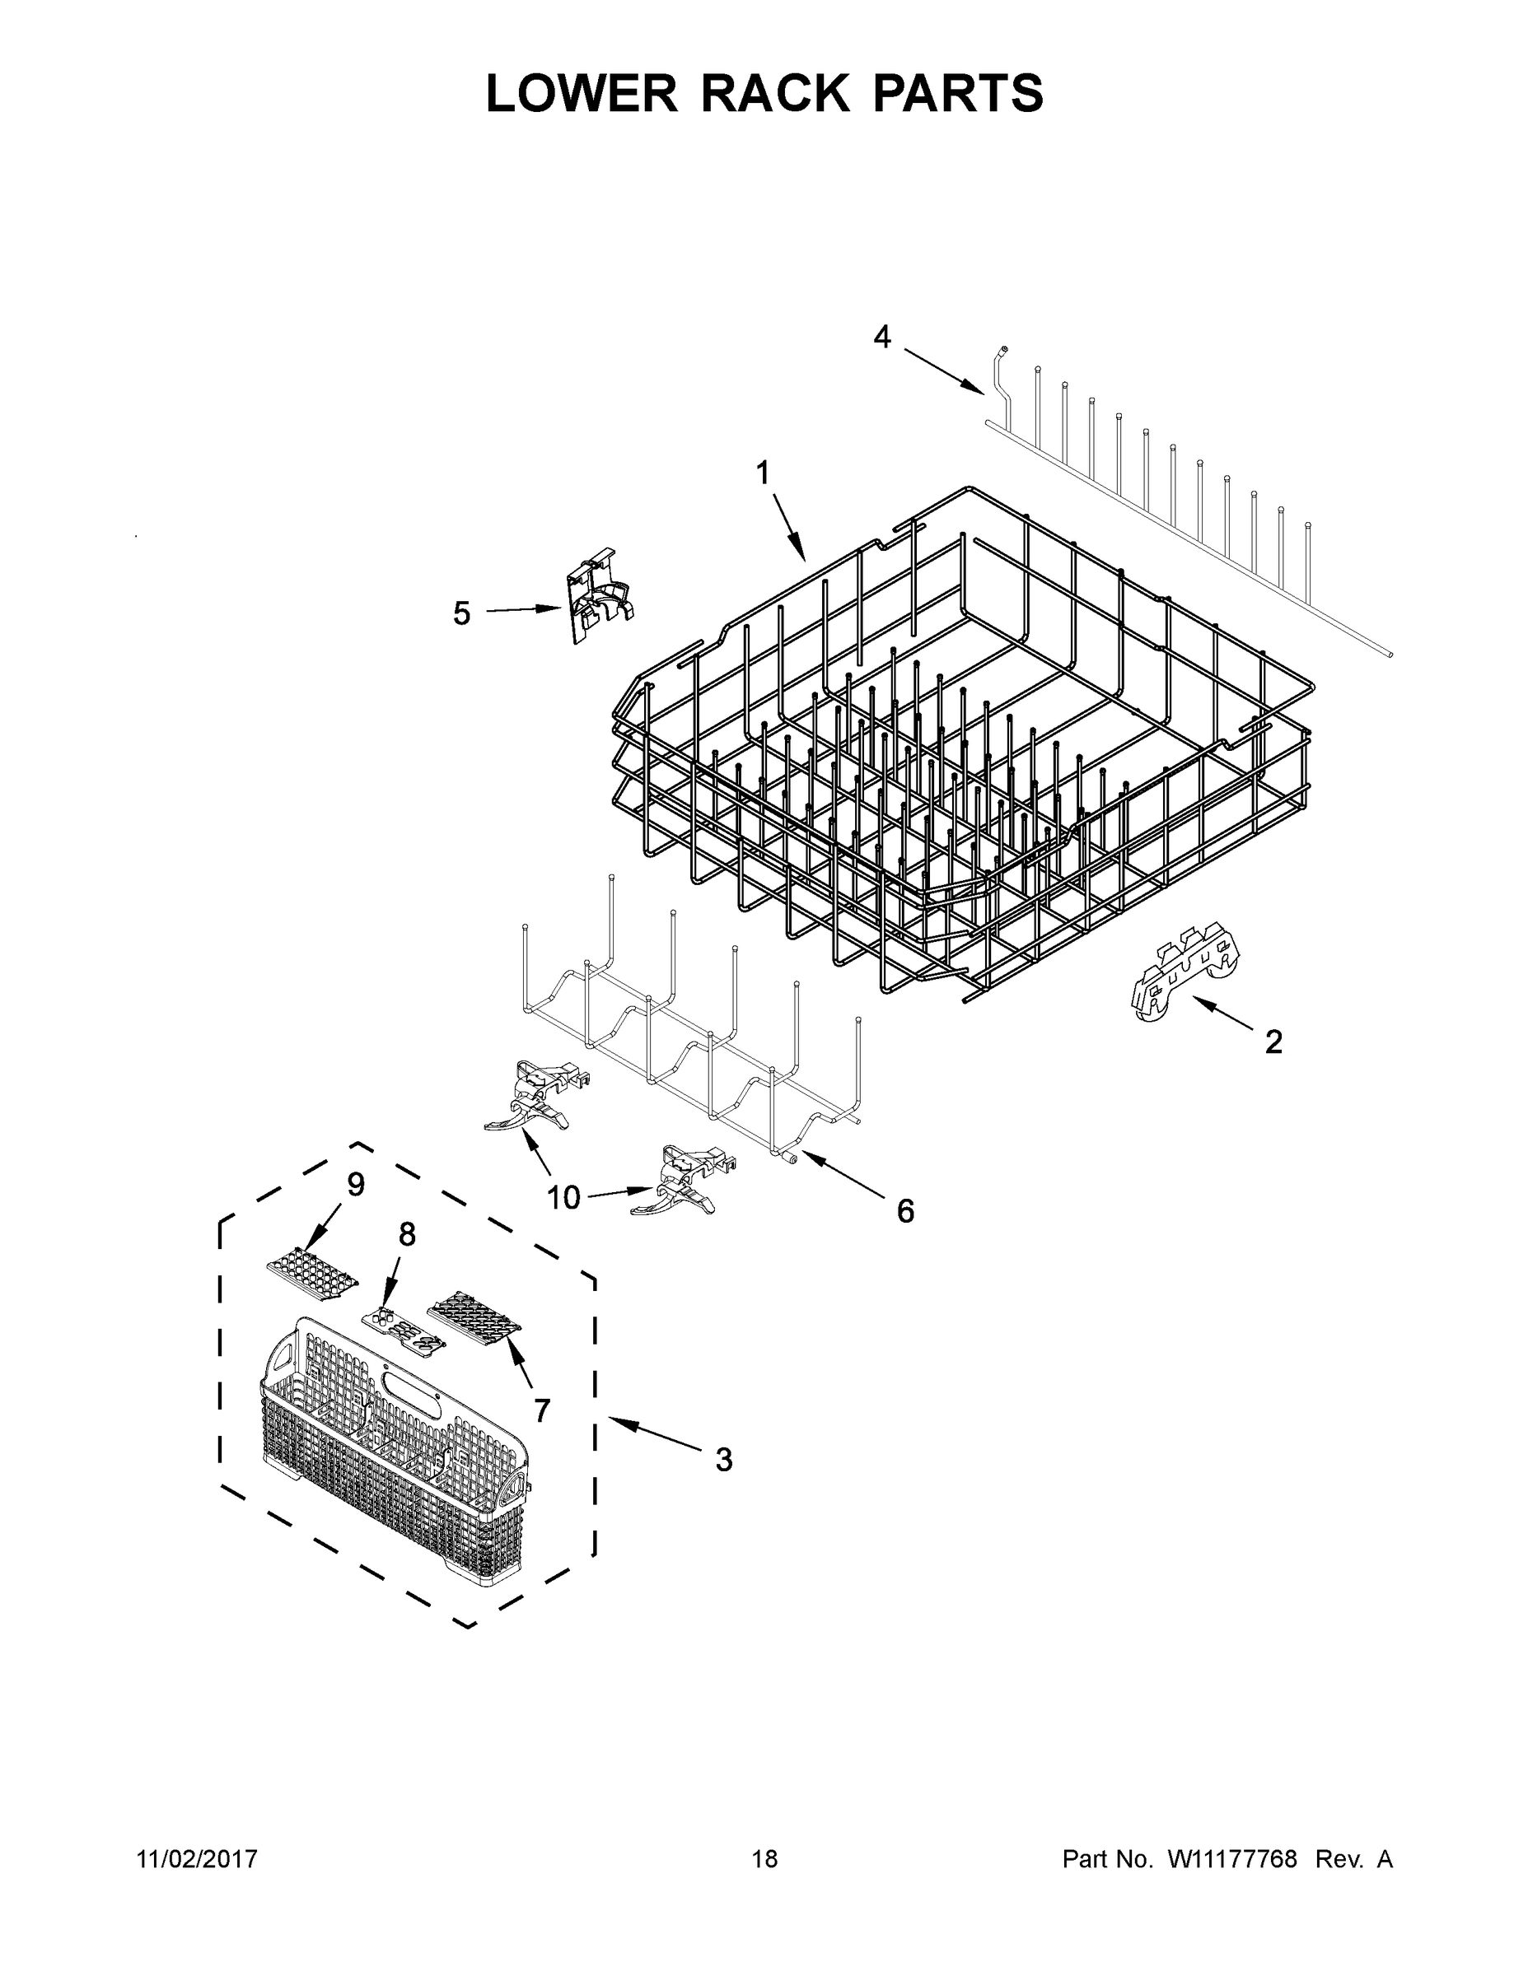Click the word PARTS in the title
click(x=958, y=93)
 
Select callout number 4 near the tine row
click(x=881, y=338)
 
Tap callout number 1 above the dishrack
click(x=762, y=473)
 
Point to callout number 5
click(x=461, y=613)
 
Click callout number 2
click(x=1273, y=1042)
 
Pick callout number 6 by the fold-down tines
click(x=905, y=1210)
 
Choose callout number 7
click(x=541, y=1409)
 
